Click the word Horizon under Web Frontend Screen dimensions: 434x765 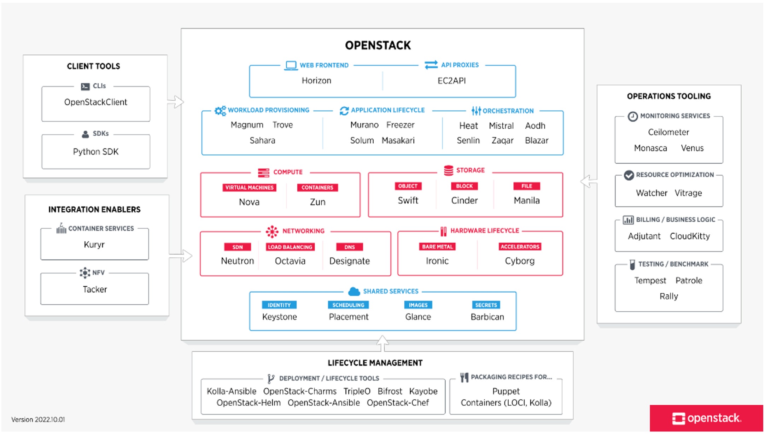coord(316,81)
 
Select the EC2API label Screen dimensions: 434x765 coord(451,81)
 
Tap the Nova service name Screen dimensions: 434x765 coord(249,202)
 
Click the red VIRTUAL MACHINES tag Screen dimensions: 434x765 coord(249,187)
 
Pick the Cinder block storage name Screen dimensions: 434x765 coord(464,200)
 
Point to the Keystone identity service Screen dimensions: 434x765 coord(279,317)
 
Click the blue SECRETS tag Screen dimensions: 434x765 coord(486,305)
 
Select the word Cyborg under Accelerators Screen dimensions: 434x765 coord(519,261)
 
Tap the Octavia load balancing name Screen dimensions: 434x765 coord(290,261)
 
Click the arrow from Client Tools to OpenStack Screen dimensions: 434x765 coord(176,102)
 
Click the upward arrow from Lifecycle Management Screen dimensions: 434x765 coord(382,343)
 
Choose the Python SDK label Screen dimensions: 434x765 coord(95,152)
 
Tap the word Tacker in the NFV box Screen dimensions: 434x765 coord(95,289)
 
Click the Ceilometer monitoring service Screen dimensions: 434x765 coord(668,132)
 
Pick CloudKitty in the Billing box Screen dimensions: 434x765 coord(689,236)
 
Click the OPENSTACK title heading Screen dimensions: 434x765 coord(378,45)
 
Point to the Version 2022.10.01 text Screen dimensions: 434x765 coord(38,420)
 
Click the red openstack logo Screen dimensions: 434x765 coord(706,418)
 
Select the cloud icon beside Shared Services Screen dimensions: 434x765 coord(354,291)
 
